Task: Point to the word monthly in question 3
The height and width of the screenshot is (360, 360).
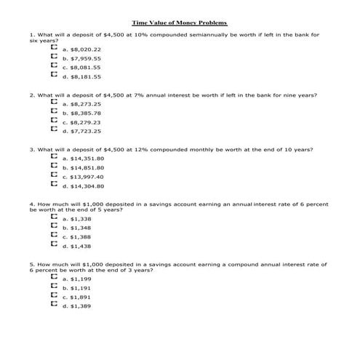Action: click(191, 149)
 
